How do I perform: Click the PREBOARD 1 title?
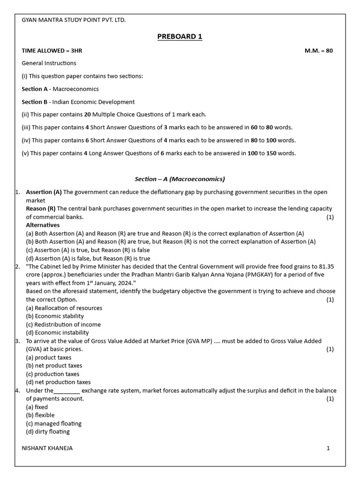[180, 37]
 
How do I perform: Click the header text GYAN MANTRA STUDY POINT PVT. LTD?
[74, 20]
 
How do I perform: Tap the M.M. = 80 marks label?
[318, 51]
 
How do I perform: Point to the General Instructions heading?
[49, 63]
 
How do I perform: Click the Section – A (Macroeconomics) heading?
[180, 179]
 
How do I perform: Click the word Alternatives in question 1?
[43, 225]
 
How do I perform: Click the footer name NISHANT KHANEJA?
[47, 448]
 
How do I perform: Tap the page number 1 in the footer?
[328, 448]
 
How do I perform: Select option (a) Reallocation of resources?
[64, 308]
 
